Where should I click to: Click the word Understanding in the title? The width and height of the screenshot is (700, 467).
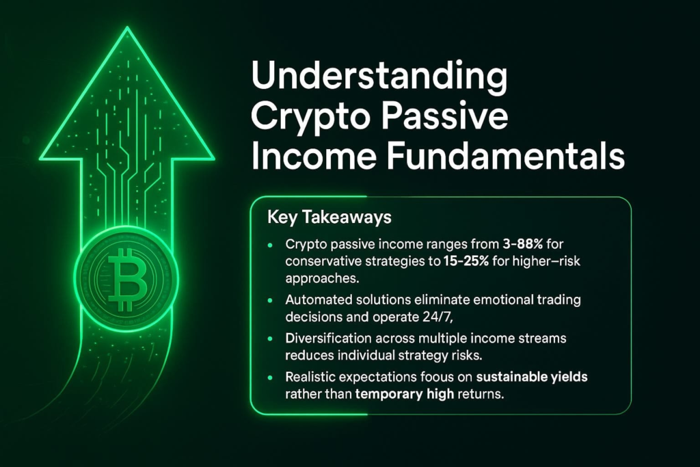click(379, 77)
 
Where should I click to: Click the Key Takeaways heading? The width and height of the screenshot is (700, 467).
click(329, 217)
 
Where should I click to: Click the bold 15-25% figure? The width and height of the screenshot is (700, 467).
click(466, 261)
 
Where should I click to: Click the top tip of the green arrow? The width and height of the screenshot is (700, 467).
click(127, 27)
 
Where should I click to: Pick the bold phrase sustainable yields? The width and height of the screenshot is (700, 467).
click(532, 377)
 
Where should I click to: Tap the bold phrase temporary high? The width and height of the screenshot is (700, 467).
click(405, 395)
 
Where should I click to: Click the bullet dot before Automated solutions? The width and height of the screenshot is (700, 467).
click(269, 301)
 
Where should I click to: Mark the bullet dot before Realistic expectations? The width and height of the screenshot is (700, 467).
click(269, 378)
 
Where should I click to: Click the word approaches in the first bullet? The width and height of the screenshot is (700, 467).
click(322, 279)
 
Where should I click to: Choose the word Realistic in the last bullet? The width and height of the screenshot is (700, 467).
click(310, 377)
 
